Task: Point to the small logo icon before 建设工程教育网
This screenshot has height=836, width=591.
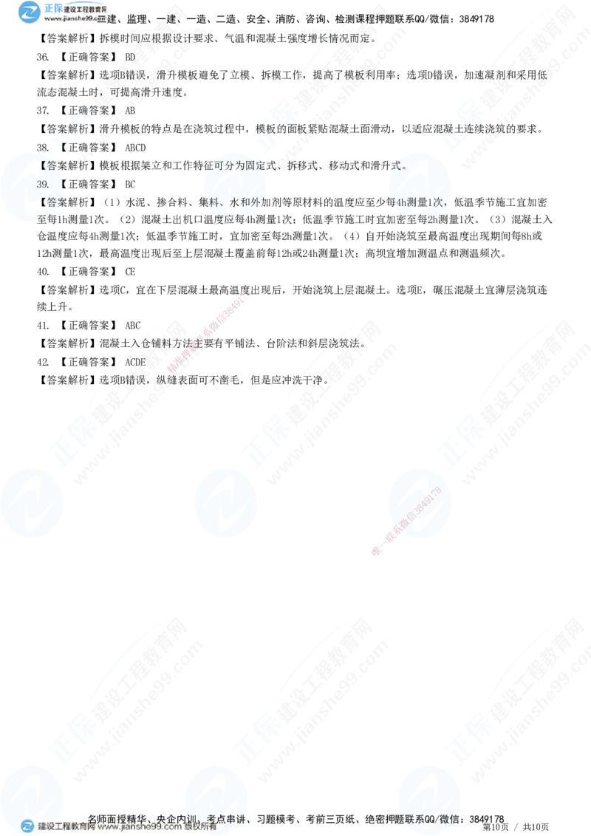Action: [28, 826]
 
